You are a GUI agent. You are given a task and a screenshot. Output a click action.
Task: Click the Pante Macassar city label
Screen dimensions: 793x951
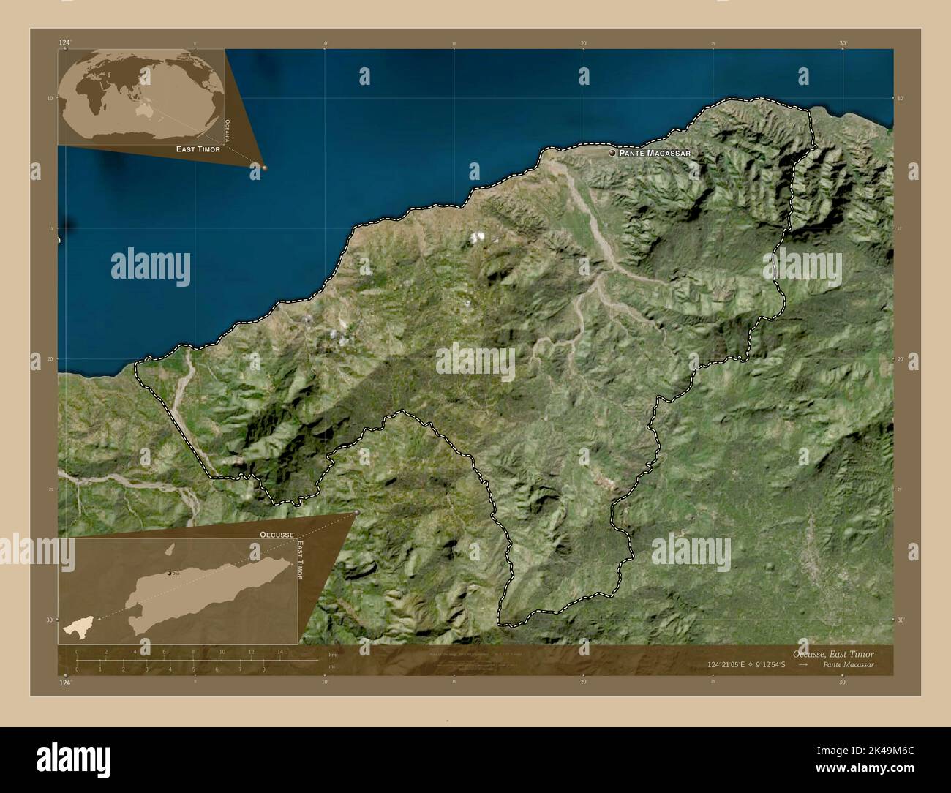coord(655,154)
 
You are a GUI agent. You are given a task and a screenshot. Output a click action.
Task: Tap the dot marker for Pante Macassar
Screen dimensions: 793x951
coord(612,153)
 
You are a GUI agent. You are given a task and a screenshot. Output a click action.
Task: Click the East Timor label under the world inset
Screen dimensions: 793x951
coord(198,149)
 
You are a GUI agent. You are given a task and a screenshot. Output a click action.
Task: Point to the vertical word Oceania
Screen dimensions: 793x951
coord(228,129)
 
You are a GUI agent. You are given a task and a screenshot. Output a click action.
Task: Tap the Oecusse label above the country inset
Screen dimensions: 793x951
coord(276,535)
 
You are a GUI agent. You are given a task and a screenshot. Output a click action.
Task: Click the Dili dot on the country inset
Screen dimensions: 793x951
coord(169,574)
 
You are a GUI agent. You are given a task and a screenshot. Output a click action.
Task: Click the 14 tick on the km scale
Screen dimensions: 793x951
coord(279,652)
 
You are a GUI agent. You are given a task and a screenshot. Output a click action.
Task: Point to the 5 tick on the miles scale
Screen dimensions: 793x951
coord(194,669)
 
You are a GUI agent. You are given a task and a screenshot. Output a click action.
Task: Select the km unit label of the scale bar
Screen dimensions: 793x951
coord(332,655)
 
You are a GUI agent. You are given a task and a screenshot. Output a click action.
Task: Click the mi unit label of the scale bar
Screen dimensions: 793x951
coord(331,666)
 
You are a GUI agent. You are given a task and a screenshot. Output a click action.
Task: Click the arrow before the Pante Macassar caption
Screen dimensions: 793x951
coord(803,665)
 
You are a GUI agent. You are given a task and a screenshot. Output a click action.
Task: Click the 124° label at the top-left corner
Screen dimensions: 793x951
coord(65,43)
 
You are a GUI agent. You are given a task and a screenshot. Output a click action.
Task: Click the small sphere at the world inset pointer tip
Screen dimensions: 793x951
coord(264,168)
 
